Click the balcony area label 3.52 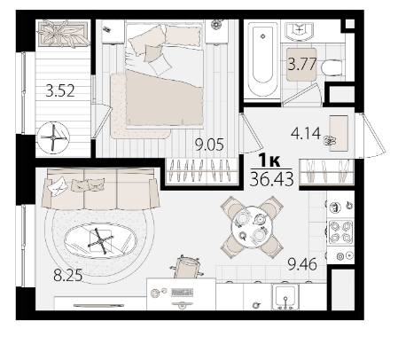click(x=60, y=90)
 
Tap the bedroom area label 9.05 click(x=209, y=145)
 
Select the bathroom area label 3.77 click(x=302, y=64)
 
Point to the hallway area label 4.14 click(x=306, y=133)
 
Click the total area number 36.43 click(x=272, y=179)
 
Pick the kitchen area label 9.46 click(x=302, y=264)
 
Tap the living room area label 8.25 click(x=68, y=276)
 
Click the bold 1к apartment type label click(x=269, y=160)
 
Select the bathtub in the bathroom click(x=263, y=61)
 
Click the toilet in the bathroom click(x=333, y=68)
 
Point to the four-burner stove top click(x=340, y=231)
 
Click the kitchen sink click(x=285, y=297)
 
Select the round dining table click(x=252, y=227)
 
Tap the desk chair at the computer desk click(x=186, y=267)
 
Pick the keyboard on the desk click(x=183, y=293)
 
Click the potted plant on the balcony click(x=63, y=34)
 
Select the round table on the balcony click(x=53, y=137)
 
